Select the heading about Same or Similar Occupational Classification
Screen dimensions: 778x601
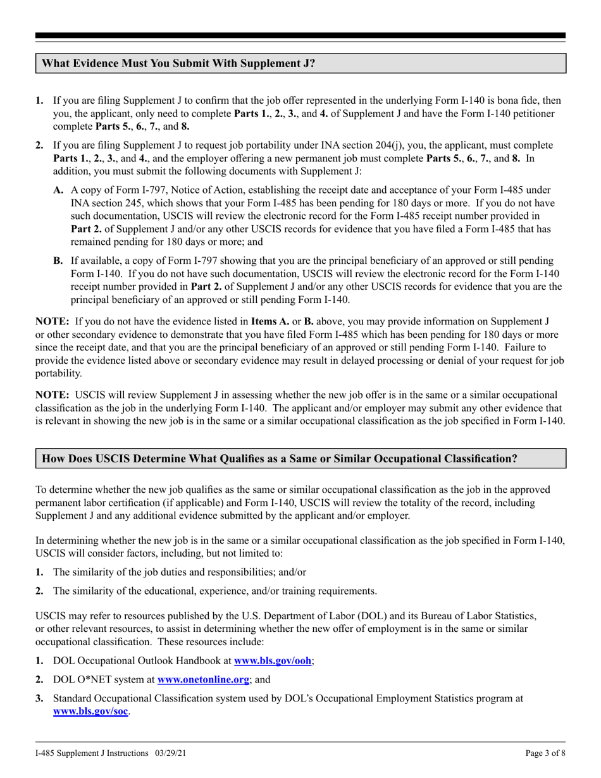(279, 459)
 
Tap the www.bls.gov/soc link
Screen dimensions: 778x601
(91, 711)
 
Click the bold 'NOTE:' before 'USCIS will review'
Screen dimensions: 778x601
(53, 393)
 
